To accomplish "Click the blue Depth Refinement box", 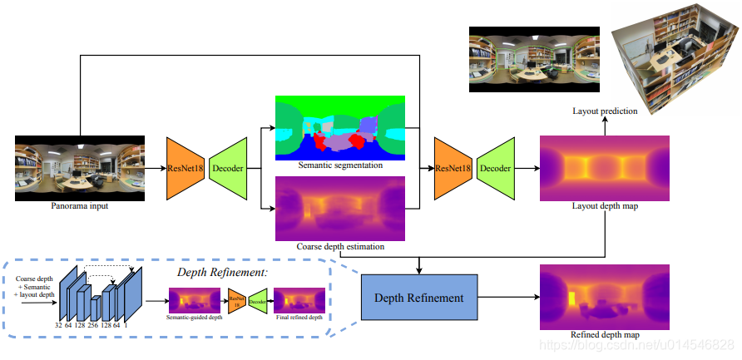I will point(419,296).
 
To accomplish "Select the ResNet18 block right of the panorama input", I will point(186,168).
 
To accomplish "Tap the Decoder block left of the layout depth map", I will point(496,168).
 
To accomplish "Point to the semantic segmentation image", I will point(339,127).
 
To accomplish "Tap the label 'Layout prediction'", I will point(605,111).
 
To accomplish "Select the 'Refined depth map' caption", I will point(605,334).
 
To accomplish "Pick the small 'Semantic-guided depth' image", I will point(194,299).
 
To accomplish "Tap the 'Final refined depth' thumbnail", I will point(299,299).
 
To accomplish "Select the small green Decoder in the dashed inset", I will point(258,299).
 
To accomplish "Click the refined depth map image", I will point(605,296).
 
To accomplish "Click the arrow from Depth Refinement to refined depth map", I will point(508,296).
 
